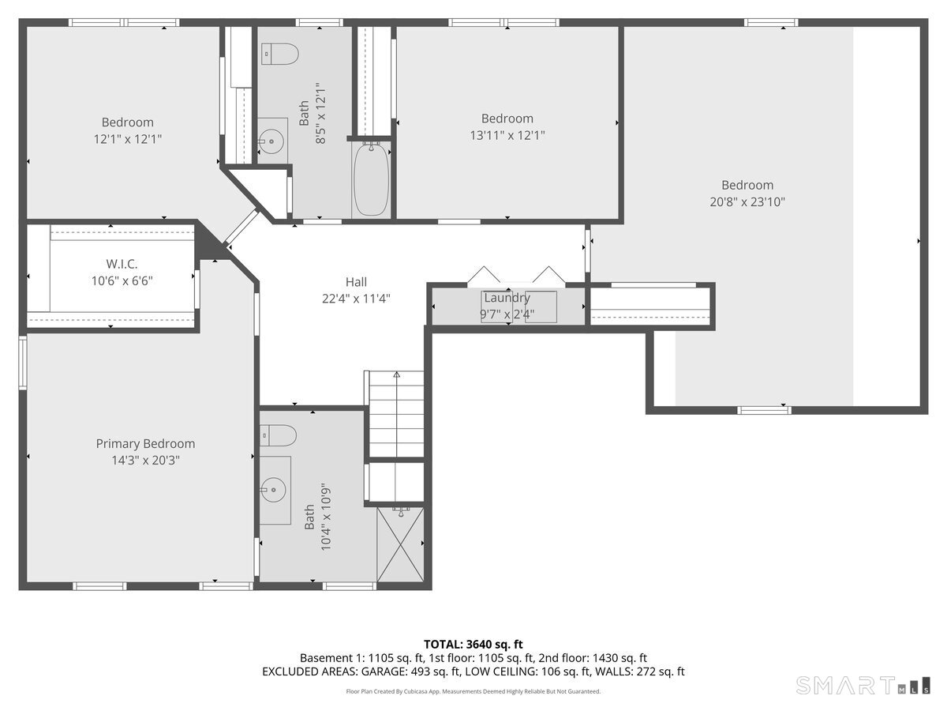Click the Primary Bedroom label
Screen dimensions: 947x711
[145, 443]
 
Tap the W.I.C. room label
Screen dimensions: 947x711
[122, 264]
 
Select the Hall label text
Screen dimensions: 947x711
[356, 282]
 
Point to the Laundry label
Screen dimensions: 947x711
[507, 298]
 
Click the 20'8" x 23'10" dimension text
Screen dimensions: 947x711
[747, 201]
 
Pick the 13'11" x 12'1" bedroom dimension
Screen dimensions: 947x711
[507, 135]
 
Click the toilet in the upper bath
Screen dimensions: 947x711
[279, 54]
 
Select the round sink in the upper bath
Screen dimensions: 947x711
[271, 141]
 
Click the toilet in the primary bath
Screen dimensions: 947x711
[278, 435]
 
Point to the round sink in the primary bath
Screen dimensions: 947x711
[274, 490]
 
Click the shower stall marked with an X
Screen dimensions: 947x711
[400, 545]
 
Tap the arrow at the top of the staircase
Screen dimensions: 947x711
[396, 374]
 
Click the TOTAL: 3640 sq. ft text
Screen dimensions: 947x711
[473, 644]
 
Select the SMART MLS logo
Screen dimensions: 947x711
[863, 686]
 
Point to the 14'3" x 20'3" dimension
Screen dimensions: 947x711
[145, 461]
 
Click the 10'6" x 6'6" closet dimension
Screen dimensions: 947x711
[122, 281]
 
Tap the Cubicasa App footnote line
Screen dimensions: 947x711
[473, 691]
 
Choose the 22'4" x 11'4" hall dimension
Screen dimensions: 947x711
[356, 299]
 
